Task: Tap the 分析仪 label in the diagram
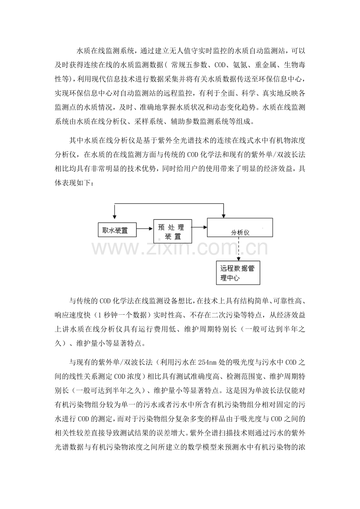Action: click(x=240, y=232)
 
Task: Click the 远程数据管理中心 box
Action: click(x=238, y=273)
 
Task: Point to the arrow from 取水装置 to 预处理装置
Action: click(x=145, y=230)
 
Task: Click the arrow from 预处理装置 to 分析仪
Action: click(x=199, y=227)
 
